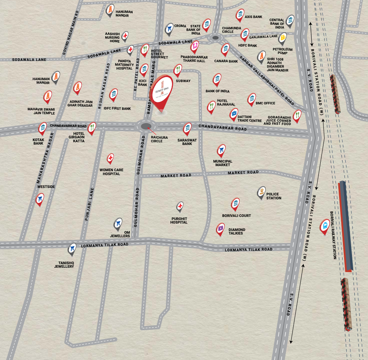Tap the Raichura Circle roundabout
(146, 126)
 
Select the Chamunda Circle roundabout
(215, 38)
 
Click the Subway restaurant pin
(178, 70)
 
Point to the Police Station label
(273, 196)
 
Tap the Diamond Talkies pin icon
(221, 229)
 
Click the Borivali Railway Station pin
(324, 226)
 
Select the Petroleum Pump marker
(282, 38)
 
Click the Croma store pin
(169, 28)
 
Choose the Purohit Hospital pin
(180, 206)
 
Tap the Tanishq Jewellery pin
(72, 248)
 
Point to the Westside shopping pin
(39, 199)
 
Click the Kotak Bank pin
(42, 127)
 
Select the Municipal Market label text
(223, 163)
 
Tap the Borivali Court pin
(235, 204)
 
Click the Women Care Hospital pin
(111, 158)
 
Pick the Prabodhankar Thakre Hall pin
(194, 47)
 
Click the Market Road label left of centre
(176, 176)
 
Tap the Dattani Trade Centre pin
(233, 114)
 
